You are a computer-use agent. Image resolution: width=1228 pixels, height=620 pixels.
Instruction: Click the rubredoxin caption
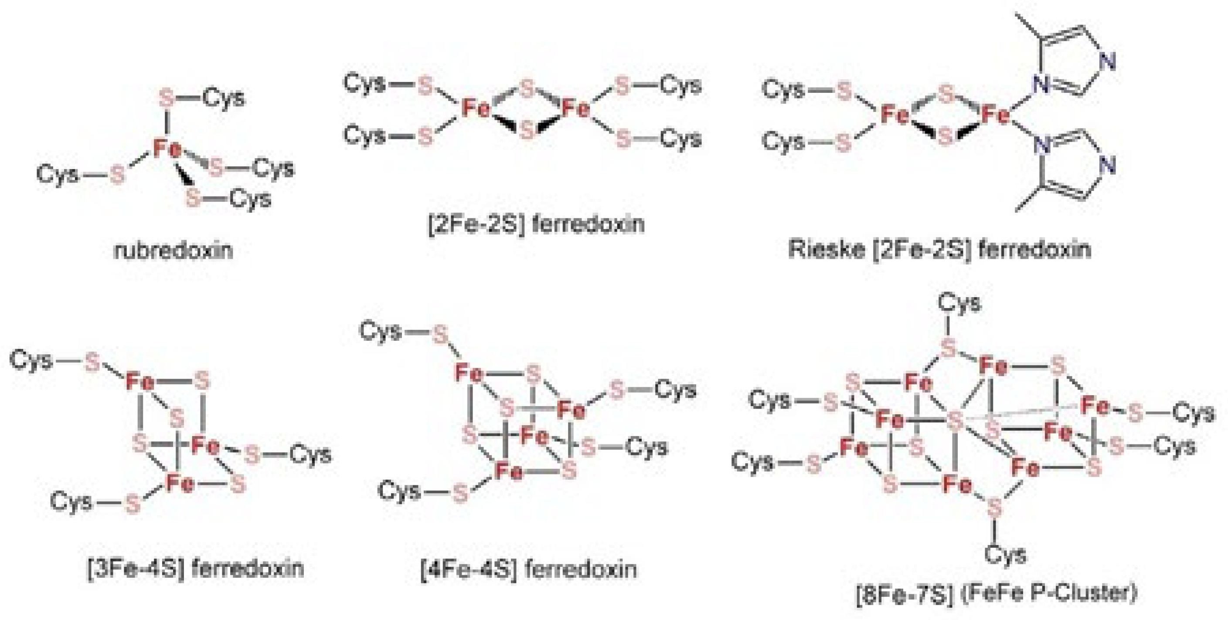173,250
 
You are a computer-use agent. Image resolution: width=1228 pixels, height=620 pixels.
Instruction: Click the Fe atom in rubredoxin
167,149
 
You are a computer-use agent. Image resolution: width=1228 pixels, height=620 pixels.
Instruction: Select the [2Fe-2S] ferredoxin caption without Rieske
536,224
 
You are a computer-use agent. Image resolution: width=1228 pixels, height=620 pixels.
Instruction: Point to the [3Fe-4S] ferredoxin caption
196,568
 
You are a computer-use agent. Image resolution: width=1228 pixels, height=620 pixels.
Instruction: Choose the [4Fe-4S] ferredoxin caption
529,569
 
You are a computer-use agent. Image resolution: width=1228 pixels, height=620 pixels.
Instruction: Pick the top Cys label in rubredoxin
224,98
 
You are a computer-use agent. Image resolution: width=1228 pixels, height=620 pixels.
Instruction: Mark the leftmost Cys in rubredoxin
58,174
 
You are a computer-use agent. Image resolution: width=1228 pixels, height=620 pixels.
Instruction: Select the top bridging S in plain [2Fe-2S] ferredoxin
526,88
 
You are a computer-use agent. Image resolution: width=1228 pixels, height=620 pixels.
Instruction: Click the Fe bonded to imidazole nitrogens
996,115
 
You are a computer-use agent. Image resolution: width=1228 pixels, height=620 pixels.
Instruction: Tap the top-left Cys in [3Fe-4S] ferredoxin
31,360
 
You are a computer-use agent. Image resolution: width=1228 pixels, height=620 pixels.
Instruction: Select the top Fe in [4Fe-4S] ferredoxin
469,372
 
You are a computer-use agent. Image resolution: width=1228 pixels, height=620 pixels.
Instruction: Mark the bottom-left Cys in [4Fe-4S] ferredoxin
399,491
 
